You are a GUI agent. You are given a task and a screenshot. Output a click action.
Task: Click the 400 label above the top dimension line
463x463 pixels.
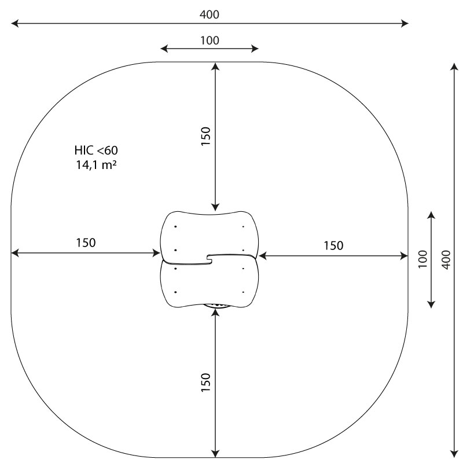pos(210,14)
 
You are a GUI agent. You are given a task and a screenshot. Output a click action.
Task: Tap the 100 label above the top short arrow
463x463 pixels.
pos(210,41)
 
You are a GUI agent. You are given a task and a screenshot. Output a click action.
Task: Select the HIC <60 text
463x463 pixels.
pos(96,150)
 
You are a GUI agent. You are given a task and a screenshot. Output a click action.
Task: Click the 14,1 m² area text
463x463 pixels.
pos(96,165)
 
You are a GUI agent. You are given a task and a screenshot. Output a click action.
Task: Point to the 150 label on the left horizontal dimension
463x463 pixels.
pos(86,242)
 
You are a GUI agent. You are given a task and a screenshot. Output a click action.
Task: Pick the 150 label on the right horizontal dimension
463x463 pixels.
pos(334,245)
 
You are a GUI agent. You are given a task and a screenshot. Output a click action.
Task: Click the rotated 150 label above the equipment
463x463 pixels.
pos(206,136)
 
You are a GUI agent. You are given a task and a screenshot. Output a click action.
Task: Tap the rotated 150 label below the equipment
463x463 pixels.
pos(206,383)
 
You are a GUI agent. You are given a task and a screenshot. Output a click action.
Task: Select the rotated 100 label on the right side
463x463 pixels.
pos(423,259)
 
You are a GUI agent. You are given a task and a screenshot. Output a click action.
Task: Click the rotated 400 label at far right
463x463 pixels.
pos(446,259)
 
